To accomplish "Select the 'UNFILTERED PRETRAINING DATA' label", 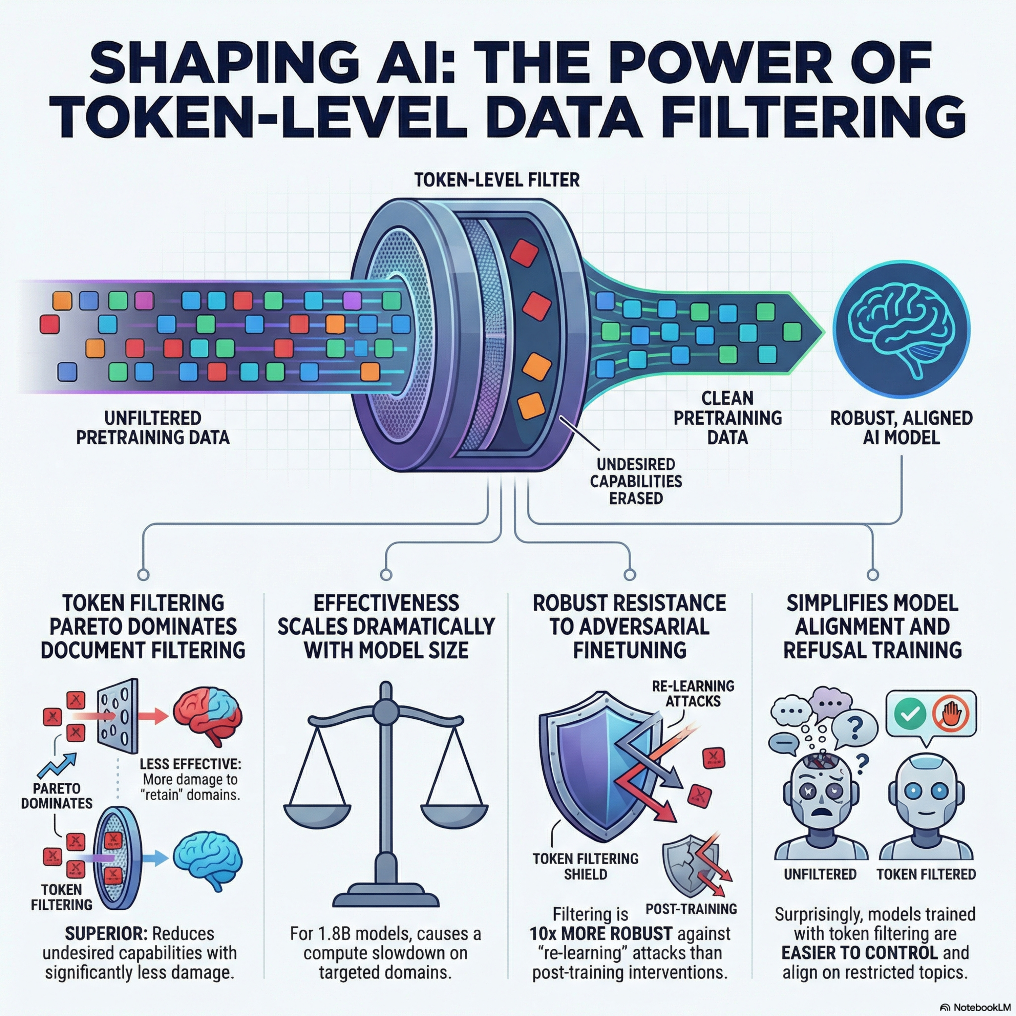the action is click(x=152, y=427).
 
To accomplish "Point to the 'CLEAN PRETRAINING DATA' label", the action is click(x=728, y=418).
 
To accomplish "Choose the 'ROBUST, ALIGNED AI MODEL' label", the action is click(x=901, y=427).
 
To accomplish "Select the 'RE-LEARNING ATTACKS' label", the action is click(x=693, y=693).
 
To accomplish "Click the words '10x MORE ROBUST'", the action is click(x=600, y=933).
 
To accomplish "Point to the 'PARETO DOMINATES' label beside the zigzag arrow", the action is click(x=57, y=796).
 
